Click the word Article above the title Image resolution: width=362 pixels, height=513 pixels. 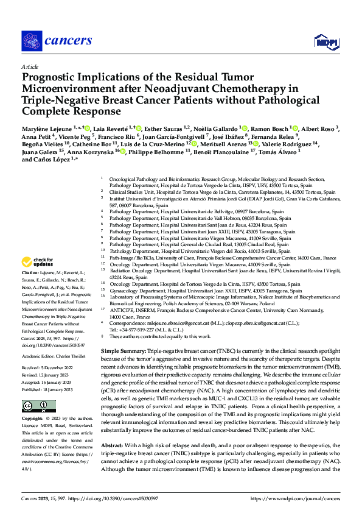(x=29, y=66)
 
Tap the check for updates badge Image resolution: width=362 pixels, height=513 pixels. (x=40, y=263)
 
